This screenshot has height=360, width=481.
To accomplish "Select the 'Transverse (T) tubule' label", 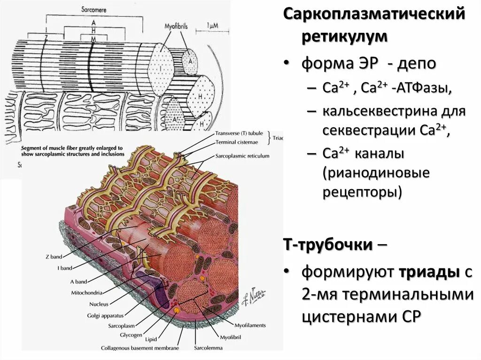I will pos(240,134).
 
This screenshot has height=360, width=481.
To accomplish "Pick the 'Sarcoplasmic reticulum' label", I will pos(242,156).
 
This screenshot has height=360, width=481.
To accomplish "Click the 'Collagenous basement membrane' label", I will pos(140,348).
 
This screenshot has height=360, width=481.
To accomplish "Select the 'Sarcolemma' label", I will pos(208,348).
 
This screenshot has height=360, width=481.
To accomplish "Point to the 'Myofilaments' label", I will pos(250,325).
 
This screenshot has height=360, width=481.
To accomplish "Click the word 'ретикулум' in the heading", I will pos(344,37).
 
